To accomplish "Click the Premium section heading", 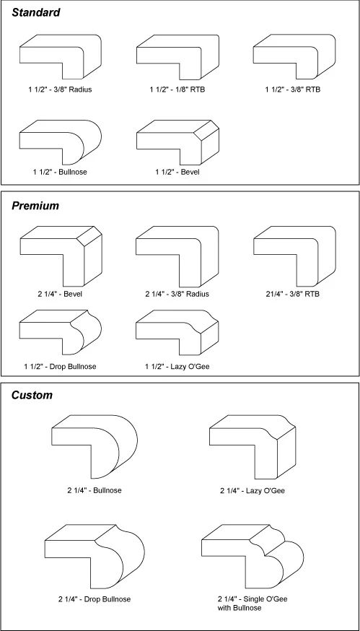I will (35, 206).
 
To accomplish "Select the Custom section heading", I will (32, 395).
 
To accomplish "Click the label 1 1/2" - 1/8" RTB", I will (177, 90).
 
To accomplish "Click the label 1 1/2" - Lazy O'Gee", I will (178, 367).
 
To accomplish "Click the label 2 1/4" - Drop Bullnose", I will (95, 599).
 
